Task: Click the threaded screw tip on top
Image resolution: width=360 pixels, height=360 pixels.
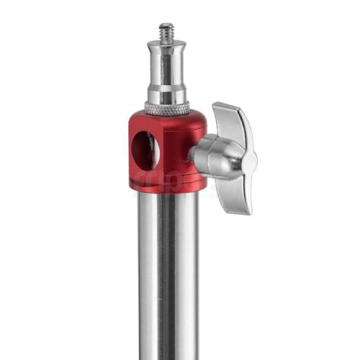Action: pos(166,31)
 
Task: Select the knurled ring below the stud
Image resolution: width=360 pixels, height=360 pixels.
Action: pos(167,108)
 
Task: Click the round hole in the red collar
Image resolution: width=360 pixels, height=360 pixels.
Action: pos(144,150)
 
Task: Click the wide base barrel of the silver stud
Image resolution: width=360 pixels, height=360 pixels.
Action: pos(167,91)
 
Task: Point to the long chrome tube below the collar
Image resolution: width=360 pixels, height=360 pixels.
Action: pos(167,281)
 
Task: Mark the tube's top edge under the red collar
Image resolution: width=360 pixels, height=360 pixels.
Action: pos(167,195)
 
